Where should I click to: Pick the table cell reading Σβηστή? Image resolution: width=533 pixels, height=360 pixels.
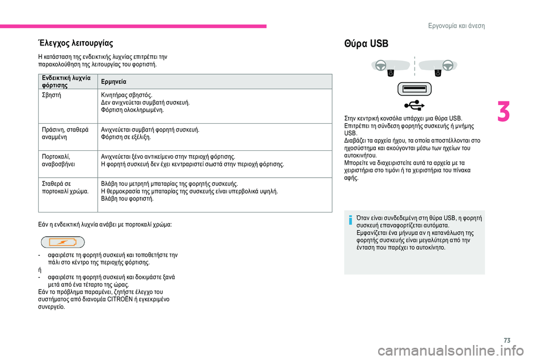[52, 95]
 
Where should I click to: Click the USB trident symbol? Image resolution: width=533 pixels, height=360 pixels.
[414, 104]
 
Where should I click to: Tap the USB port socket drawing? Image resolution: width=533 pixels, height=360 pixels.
[414, 88]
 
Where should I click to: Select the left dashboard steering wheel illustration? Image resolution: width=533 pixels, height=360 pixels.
[383, 66]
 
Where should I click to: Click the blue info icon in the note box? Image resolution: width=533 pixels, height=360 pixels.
[351, 220]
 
